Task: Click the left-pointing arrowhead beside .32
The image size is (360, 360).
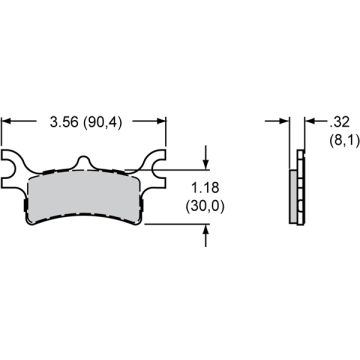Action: tap(306, 121)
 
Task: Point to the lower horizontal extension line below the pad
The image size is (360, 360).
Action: tap(180, 223)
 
